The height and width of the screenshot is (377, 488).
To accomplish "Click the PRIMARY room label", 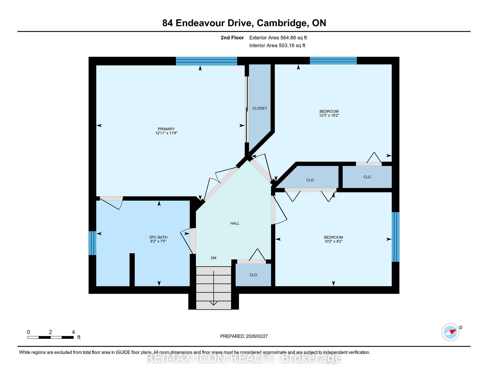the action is pos(166,129).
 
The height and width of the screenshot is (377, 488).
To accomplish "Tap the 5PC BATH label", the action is pos(158,237).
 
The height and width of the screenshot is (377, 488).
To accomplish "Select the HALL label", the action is pos(235,223).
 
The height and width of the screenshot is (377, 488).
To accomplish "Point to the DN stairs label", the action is pos(213,258).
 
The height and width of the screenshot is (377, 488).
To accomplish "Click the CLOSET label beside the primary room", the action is pos(260,108).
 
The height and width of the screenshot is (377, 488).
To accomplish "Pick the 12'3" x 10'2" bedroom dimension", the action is pos(329,115).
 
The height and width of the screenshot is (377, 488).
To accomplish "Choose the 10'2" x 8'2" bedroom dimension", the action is pos(333,241).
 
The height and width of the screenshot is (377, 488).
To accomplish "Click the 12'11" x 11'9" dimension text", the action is pos(166,133).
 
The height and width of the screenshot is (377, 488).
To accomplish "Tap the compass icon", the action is pos(450,332).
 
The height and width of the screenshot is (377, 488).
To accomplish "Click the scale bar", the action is pos(51,337).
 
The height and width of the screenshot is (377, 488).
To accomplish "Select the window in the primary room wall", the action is pos(206,61).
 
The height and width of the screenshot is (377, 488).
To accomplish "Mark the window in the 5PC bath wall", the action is pos(92,243).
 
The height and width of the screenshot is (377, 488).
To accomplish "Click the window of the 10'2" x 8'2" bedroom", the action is pos(395,237).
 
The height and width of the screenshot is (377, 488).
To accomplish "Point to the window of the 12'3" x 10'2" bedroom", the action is pos(333,61).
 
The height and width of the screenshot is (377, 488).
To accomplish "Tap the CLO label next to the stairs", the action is pos(253,275).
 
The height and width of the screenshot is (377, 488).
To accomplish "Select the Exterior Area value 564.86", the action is pos(288,38).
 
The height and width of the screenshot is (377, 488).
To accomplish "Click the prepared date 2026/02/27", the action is pos(257,336).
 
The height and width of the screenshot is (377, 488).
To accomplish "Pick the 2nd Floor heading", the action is pos(232,38).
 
